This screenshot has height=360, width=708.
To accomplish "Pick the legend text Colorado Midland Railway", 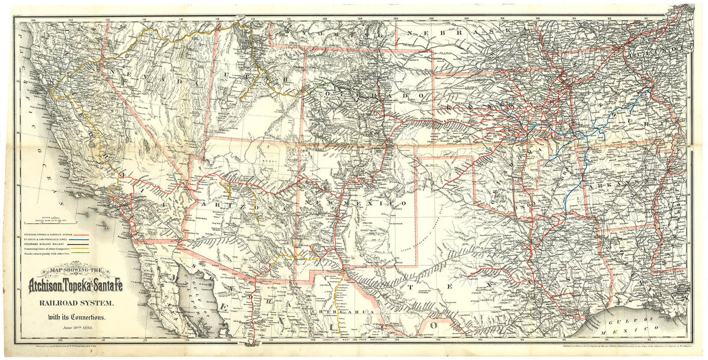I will (44, 244).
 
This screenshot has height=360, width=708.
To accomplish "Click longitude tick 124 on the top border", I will (33, 20).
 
